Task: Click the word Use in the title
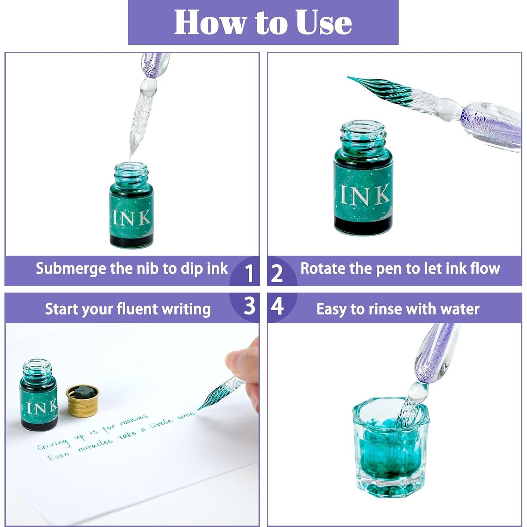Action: coord(323,22)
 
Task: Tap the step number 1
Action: coord(249,273)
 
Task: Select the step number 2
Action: coord(277,273)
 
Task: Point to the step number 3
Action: coord(249,306)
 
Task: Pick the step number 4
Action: coord(277,306)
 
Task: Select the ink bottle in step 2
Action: coord(363,178)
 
